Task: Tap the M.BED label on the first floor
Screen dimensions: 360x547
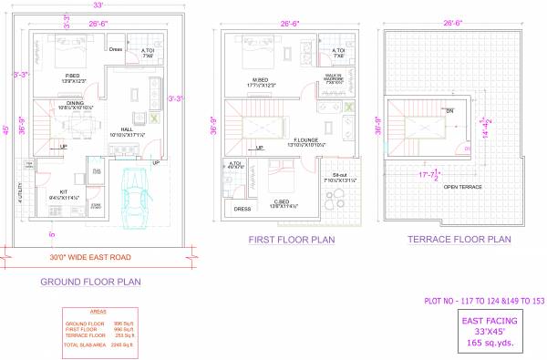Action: pyautogui.click(x=259, y=79)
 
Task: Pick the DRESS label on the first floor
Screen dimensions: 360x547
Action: pyautogui.click(x=242, y=209)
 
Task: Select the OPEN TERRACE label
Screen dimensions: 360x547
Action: pyautogui.click(x=462, y=187)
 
